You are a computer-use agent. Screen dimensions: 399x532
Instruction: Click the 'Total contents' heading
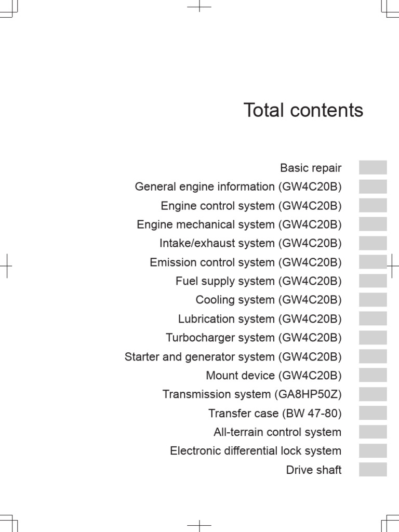click(x=303, y=110)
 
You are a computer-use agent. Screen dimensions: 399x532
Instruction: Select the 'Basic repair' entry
click(x=311, y=168)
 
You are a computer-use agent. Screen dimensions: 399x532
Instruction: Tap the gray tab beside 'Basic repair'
click(x=373, y=167)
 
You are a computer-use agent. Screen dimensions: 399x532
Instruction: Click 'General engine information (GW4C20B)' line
click(x=238, y=187)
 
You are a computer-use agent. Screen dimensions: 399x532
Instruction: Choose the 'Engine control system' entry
click(x=251, y=206)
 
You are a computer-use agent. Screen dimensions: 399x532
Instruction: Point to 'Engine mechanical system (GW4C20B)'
click(x=239, y=224)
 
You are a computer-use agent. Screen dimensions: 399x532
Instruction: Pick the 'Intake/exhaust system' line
click(x=250, y=243)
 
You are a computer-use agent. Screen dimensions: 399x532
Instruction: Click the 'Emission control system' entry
click(x=246, y=262)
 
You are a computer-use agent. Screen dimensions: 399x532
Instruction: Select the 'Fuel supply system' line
click(x=259, y=281)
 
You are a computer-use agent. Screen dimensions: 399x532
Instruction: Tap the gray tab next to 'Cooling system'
click(x=373, y=300)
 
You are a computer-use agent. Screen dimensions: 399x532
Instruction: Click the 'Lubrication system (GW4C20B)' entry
click(x=260, y=319)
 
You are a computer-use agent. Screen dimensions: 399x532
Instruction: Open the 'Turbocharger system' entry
click(x=254, y=338)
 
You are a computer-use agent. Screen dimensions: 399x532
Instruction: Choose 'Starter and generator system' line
click(x=233, y=356)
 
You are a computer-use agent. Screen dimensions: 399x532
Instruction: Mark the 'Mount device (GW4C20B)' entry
click(x=274, y=375)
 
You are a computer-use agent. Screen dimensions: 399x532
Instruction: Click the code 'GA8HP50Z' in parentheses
click(x=308, y=394)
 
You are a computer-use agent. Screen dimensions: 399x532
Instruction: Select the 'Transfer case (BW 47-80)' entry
click(x=275, y=413)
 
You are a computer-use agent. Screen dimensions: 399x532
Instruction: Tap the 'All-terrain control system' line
click(x=277, y=432)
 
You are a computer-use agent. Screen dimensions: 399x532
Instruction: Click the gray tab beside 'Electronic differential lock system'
click(x=373, y=450)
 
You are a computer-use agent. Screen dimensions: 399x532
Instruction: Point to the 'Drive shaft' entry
click(x=314, y=470)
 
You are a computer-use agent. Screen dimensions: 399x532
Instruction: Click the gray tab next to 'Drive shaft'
click(x=373, y=469)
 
